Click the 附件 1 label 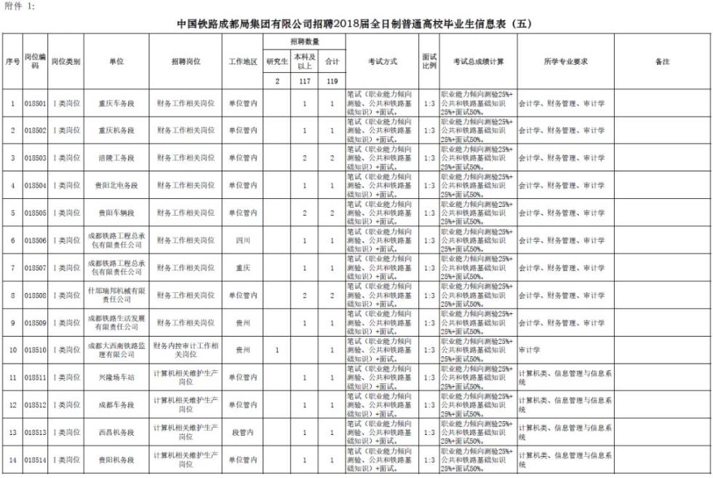click(19, 6)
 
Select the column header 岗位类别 click(66, 62)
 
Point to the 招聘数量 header click(304, 42)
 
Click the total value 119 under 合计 click(332, 82)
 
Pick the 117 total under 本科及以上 click(304, 82)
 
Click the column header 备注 click(661, 62)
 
